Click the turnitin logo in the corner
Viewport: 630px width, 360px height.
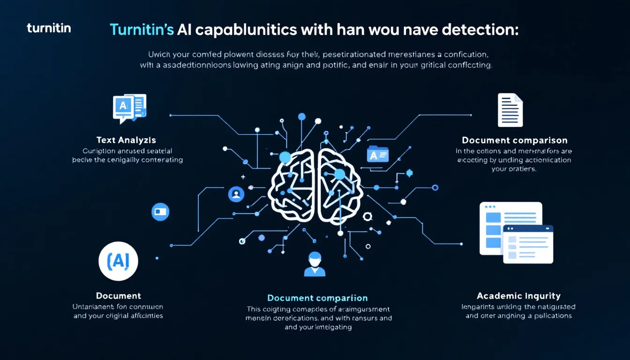pyautogui.click(x=49, y=28)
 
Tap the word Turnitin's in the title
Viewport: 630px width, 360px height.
pyautogui.click(x=142, y=30)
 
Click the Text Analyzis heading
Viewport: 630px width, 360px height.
pyautogui.click(x=126, y=140)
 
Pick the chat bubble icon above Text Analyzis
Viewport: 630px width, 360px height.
pyautogui.click(x=129, y=108)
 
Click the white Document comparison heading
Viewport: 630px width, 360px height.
pyautogui.click(x=514, y=140)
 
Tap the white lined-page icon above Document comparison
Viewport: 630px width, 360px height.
pyautogui.click(x=510, y=110)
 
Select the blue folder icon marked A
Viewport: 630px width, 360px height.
pyautogui.click(x=378, y=154)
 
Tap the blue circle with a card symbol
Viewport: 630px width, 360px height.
pyautogui.click(x=160, y=212)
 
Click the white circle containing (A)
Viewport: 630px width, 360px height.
pyautogui.click(x=118, y=261)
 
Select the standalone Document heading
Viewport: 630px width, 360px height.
pyautogui.click(x=118, y=296)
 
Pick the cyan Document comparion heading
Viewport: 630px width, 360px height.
pyautogui.click(x=317, y=298)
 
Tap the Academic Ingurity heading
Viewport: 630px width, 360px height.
pyautogui.click(x=518, y=296)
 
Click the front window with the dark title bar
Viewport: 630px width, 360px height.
pyautogui.click(x=528, y=244)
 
